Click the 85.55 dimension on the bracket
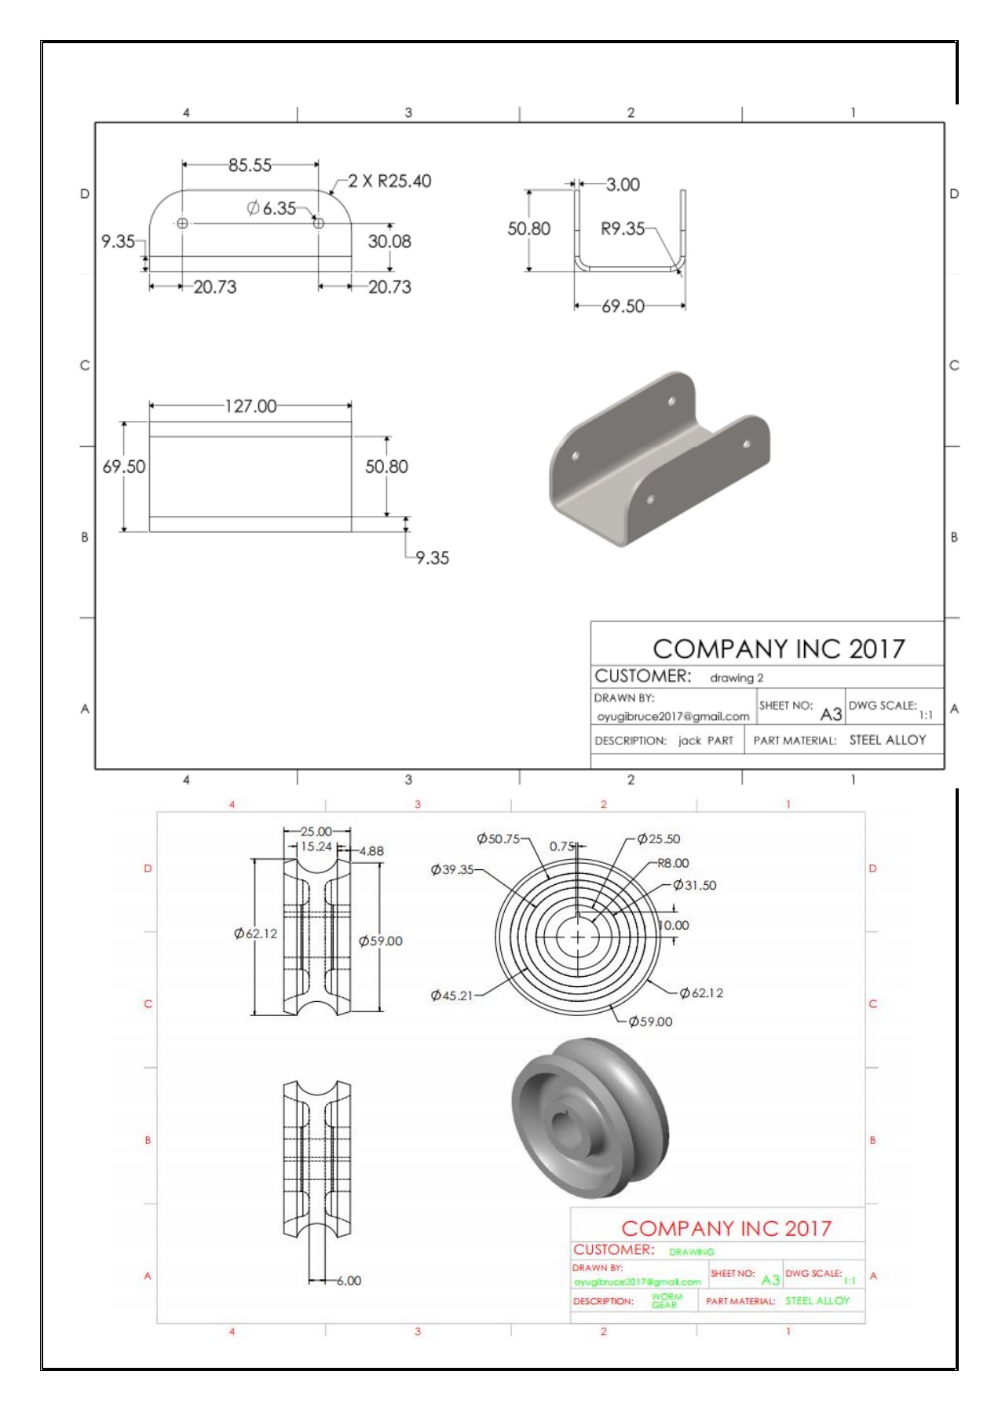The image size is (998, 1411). pyautogui.click(x=250, y=166)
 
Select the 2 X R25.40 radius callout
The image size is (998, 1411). pyautogui.click(x=389, y=181)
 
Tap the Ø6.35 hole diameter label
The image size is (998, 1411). pyautogui.click(x=272, y=208)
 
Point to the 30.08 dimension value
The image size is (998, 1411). pyautogui.click(x=389, y=242)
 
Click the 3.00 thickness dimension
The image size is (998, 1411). pyautogui.click(x=623, y=185)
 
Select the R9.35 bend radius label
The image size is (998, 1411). pyautogui.click(x=622, y=228)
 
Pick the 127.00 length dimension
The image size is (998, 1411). pyautogui.click(x=250, y=407)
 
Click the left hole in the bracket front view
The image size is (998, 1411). pyautogui.click(x=182, y=224)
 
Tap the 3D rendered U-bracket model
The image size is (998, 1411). pyautogui.click(x=660, y=459)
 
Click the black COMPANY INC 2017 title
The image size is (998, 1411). pyautogui.click(x=778, y=649)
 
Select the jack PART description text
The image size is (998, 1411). pyautogui.click(x=705, y=740)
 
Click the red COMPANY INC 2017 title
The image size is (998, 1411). pyautogui.click(x=726, y=1228)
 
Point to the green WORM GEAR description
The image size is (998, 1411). pyautogui.click(x=666, y=1300)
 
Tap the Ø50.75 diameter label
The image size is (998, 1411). pyautogui.click(x=499, y=839)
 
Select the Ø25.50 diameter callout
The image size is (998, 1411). pyautogui.click(x=659, y=839)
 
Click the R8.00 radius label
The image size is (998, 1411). pyautogui.click(x=673, y=863)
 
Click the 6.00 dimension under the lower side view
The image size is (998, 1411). pyautogui.click(x=349, y=1281)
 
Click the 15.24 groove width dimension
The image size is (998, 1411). pyautogui.click(x=316, y=846)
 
